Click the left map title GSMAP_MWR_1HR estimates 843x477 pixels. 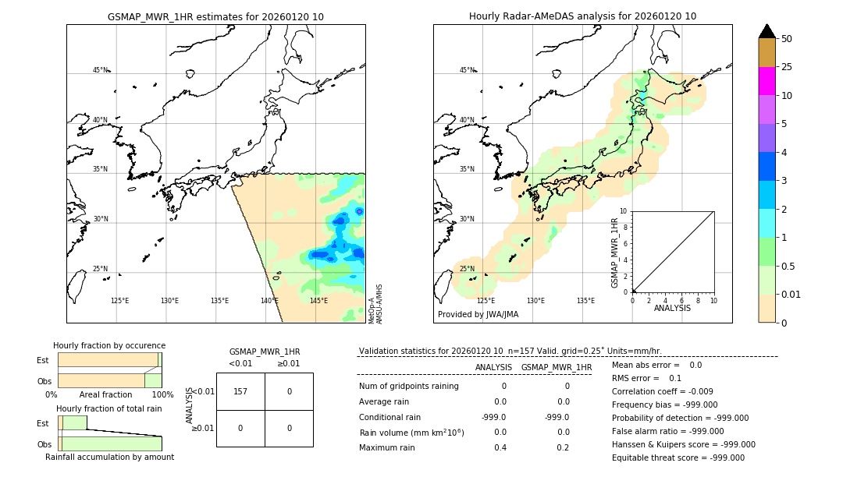(215, 16)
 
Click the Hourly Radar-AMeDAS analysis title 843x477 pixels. (582, 16)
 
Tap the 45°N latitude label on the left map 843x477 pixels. (100, 70)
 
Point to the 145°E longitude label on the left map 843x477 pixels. (318, 301)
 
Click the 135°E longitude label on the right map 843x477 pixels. (585, 301)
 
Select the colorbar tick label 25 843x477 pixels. (787, 67)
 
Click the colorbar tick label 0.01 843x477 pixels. (790, 294)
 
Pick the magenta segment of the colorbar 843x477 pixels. (767, 81)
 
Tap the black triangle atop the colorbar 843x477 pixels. (767, 31)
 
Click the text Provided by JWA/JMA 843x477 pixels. (478, 315)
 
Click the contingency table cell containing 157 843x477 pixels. (240, 391)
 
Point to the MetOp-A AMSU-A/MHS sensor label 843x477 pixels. (375, 304)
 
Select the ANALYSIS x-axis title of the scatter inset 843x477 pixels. (672, 309)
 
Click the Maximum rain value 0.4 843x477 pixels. (500, 447)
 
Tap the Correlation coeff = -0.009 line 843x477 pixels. (661, 392)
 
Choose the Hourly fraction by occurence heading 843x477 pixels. (109, 345)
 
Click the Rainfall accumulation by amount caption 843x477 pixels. (109, 457)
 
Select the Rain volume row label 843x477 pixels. (411, 433)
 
